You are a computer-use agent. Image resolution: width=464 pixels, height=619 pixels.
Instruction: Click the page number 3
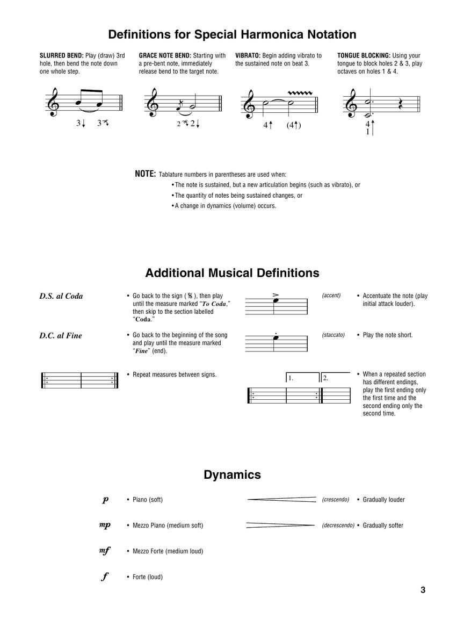coord(423,590)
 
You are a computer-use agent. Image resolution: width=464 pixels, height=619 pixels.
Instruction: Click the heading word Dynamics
coord(232,475)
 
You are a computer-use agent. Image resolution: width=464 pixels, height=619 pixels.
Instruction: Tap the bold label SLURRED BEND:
coord(62,55)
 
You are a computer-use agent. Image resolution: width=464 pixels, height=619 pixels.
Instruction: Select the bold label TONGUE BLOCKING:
coord(364,55)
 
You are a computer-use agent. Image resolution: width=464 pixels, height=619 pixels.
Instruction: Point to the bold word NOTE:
coord(145,174)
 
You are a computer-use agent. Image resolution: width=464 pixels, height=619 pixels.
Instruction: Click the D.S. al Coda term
coord(61,296)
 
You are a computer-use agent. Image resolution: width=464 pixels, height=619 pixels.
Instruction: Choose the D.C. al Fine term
coord(61,336)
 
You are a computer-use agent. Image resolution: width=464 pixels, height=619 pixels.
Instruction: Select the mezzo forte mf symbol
coord(105,551)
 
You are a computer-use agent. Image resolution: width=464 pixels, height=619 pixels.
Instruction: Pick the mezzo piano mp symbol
coord(105,526)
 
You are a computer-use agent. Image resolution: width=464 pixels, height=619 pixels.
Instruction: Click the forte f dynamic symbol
coord(105,577)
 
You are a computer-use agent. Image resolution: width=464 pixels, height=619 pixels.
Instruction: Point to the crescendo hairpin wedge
coord(282,500)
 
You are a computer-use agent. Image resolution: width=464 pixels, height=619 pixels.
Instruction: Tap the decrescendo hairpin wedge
coord(280,525)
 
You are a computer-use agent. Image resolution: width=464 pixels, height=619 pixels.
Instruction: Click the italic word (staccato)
coord(334,335)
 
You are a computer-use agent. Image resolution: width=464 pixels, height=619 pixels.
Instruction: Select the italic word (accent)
coord(331,296)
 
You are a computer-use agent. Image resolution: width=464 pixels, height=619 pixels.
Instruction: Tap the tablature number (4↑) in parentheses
coord(293,126)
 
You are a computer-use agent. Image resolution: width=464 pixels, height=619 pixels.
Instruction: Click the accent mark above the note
coord(276,294)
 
